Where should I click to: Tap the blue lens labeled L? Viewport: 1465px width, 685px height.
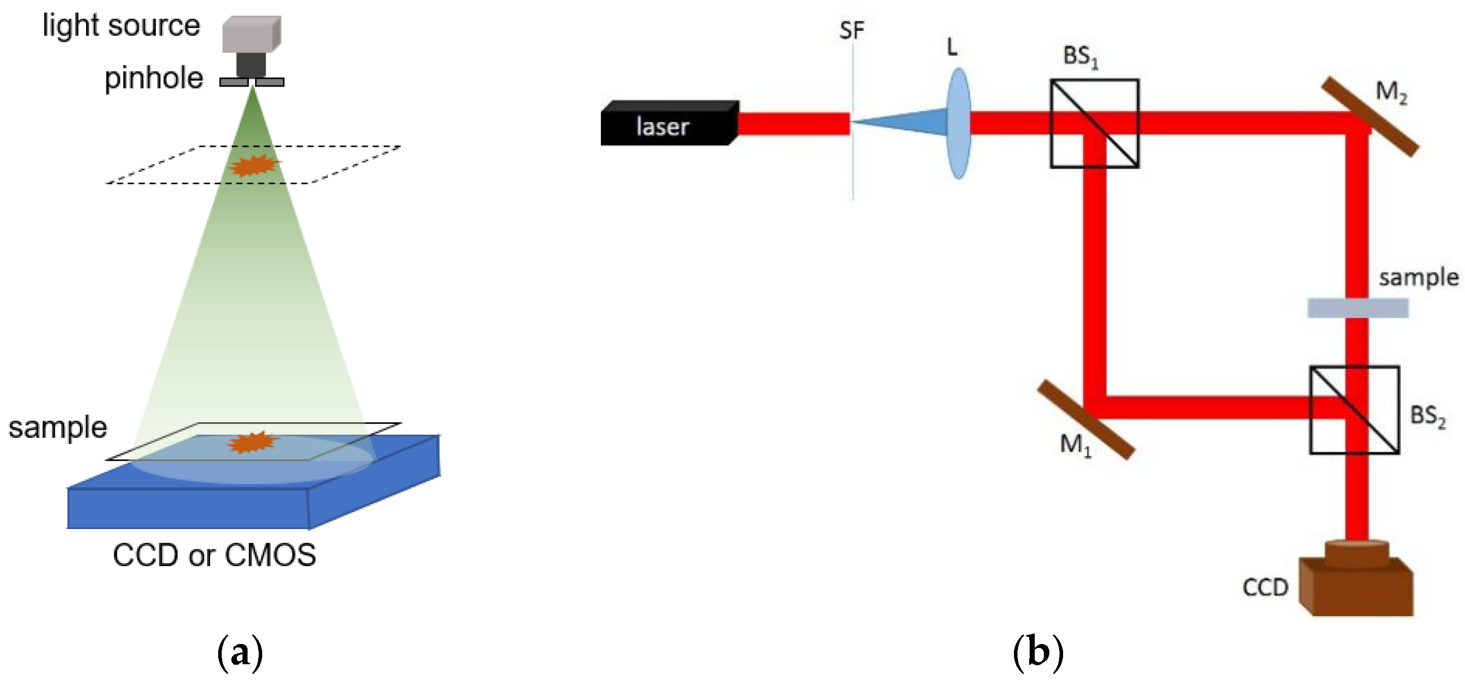959,124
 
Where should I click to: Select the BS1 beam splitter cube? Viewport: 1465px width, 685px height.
1094,124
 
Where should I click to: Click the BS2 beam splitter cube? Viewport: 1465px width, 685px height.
1354,410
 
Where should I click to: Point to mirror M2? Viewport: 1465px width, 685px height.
1369,116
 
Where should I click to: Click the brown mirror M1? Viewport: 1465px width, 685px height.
1086,420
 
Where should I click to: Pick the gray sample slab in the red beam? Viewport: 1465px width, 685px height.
1358,308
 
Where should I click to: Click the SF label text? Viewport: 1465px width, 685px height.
851,30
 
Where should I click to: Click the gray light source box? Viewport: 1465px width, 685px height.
251,34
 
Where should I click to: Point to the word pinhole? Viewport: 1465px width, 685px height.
153,78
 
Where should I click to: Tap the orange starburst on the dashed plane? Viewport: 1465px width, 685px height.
254,166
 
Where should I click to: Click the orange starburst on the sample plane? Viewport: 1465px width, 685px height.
253,442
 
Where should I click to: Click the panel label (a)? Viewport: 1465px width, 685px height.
240,653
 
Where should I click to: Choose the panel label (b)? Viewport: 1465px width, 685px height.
1038,652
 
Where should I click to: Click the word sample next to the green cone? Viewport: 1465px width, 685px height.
57,427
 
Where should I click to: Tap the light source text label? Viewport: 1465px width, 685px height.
121,26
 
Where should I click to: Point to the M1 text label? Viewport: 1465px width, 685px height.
1075,445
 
